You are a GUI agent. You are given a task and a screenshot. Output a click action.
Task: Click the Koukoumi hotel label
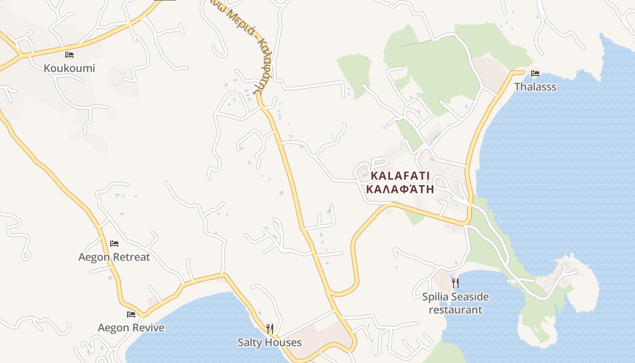[69, 68]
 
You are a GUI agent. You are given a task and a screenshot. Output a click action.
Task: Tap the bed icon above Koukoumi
[69, 55]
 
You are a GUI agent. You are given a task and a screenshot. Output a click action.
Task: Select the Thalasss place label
[535, 87]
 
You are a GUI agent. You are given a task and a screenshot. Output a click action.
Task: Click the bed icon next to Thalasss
[535, 73]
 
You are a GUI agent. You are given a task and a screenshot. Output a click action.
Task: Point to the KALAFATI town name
[400, 176]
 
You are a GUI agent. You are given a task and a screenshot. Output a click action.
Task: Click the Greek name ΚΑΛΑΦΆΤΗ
[400, 189]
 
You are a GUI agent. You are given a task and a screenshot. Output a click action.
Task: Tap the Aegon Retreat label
[114, 257]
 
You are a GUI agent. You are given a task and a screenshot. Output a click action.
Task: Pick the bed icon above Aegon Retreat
[114, 244]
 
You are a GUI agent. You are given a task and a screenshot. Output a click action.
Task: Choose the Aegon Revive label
[131, 327]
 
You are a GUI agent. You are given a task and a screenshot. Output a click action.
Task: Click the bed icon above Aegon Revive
[131, 314]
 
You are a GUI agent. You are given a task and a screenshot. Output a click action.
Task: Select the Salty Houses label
[269, 342]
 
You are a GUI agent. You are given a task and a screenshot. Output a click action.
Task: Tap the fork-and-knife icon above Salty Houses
[270, 329]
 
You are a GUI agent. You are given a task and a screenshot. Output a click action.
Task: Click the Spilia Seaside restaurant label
[455, 303]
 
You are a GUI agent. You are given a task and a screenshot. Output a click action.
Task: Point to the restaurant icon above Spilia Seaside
[455, 283]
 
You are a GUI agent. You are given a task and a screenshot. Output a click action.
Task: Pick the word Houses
[284, 342]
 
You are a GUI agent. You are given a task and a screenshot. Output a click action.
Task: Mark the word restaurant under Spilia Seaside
[455, 310]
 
